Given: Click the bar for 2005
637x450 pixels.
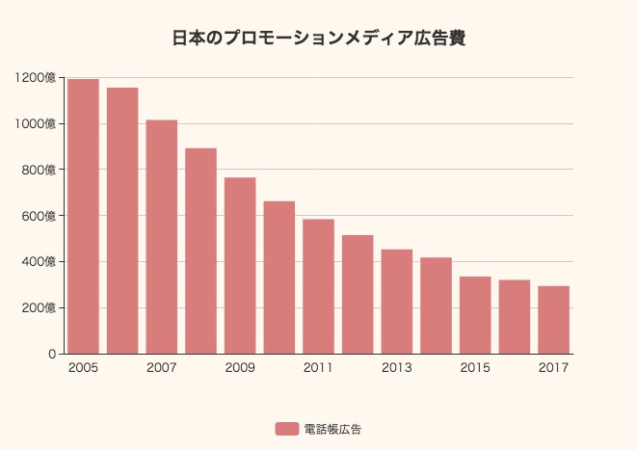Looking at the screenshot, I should click(x=83, y=216).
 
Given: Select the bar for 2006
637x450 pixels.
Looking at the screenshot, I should click(x=122, y=221).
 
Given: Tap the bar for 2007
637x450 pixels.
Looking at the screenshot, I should click(x=162, y=236).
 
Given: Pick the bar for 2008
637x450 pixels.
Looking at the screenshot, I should click(x=200, y=251).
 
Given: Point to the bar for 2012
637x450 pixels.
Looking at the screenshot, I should click(x=358, y=294).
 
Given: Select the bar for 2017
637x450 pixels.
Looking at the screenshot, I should click(x=553, y=320).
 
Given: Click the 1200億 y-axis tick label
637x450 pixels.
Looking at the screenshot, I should click(x=36, y=78).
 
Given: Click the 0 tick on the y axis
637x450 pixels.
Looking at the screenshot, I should click(x=52, y=354).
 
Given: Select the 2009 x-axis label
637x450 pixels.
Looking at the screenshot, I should click(x=240, y=368).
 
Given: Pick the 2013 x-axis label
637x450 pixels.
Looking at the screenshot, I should click(x=397, y=368).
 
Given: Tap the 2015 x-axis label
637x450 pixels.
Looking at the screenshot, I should click(x=475, y=368).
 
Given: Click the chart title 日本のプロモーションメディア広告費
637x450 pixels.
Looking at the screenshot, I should click(x=319, y=39).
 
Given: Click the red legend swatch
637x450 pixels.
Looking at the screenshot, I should click(x=286, y=429).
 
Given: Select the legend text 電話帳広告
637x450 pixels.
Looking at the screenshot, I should click(x=332, y=429).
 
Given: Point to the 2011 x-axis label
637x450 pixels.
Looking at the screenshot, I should click(x=318, y=368).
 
